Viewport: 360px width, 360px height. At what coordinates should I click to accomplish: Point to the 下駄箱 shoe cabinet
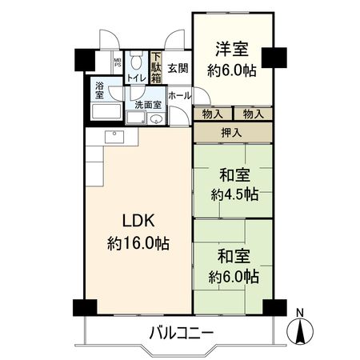157,69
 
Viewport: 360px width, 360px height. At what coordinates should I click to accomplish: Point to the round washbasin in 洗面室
156,119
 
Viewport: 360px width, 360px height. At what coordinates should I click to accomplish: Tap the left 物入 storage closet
212,114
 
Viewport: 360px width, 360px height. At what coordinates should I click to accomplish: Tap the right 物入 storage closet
254,114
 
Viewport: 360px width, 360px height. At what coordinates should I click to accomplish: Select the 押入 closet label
232,132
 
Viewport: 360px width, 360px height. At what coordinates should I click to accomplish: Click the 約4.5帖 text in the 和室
234,194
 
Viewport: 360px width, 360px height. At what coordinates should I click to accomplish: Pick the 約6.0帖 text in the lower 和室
234,278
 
